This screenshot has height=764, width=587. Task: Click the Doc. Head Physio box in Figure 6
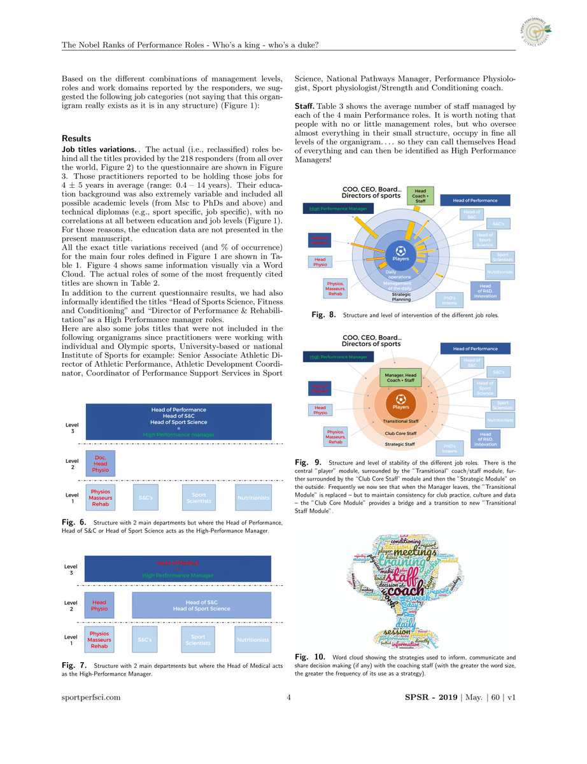pyautogui.click(x=101, y=463)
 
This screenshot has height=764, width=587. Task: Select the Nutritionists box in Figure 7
pyautogui.click(x=253, y=640)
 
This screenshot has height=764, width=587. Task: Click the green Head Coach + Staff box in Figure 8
pyautogui.click(x=420, y=195)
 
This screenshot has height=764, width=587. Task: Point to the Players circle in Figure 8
pyautogui.click(x=400, y=254)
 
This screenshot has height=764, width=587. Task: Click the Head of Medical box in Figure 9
pyautogui.click(x=320, y=388)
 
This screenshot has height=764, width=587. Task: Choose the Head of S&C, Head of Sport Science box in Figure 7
pyautogui.click(x=201, y=605)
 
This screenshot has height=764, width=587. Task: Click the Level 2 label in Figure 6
pyautogui.click(x=73, y=463)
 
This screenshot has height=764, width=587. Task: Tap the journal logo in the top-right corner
pyautogui.click(x=535, y=31)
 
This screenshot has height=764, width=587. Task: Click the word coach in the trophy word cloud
pyautogui.click(x=407, y=591)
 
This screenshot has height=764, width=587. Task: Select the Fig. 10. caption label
pyautogui.click(x=311, y=656)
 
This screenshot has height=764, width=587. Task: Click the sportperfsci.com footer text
pyautogui.click(x=91, y=697)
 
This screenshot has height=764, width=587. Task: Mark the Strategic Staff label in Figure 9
pyautogui.click(x=400, y=444)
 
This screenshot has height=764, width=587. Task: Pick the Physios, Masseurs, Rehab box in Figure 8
pyautogui.click(x=336, y=289)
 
